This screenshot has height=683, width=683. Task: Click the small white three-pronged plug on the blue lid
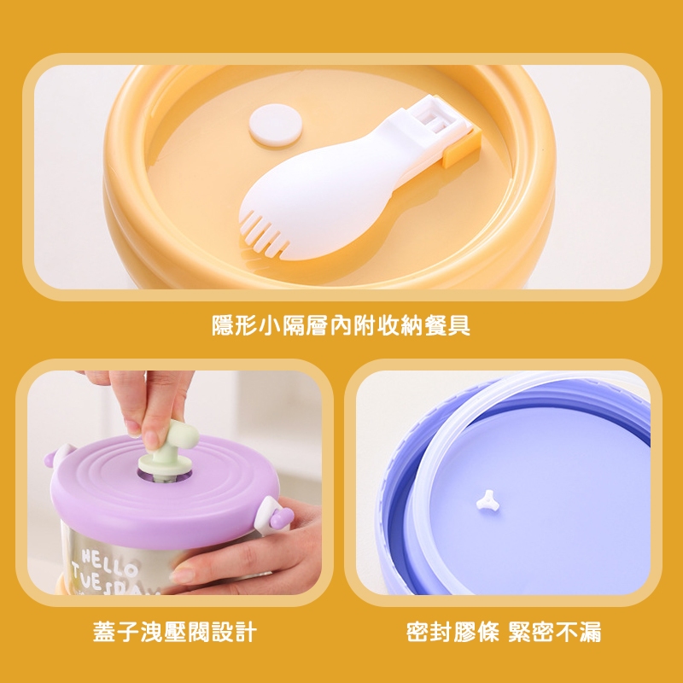tap(486, 499)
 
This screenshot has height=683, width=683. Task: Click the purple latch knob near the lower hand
tap(282, 518)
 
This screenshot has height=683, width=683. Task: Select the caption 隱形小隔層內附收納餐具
tap(341, 325)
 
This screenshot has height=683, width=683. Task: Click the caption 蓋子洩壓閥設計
tap(175, 632)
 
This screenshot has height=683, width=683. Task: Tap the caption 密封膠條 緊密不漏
tap(504, 632)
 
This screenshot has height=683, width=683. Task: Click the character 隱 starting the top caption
tap(224, 325)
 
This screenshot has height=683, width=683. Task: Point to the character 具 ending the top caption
tap(459, 325)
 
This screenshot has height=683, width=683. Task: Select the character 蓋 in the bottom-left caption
tap(104, 632)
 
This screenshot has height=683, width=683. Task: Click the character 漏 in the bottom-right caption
tap(590, 632)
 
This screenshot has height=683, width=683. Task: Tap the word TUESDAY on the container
tap(115, 581)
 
